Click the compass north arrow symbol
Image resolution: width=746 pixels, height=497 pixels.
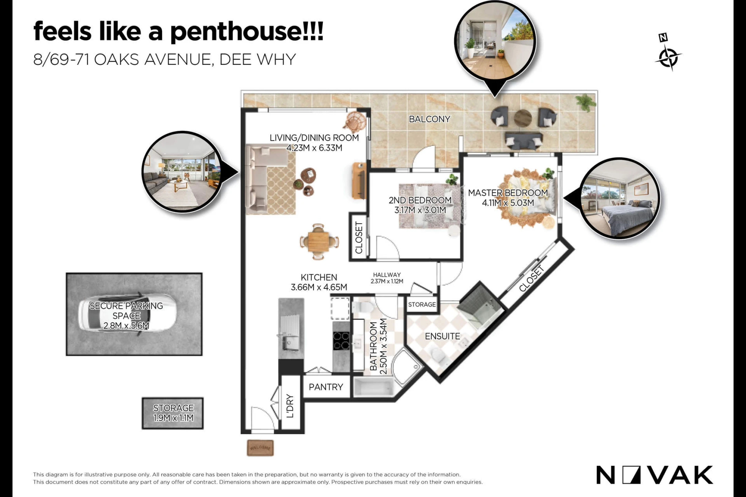668,53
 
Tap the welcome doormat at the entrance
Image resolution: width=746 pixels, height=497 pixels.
260,448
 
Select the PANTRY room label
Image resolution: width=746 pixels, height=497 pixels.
326,387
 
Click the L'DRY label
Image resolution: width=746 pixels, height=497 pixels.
290,406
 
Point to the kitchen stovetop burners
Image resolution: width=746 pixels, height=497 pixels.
341,341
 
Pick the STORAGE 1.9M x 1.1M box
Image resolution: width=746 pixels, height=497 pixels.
173,413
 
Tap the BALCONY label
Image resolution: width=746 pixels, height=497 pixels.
429,119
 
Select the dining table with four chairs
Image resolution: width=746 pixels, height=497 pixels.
318,242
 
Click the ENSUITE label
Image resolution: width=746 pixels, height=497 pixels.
442,336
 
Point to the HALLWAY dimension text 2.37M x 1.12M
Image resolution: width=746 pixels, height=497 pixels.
387,281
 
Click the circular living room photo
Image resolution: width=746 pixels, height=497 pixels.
183,172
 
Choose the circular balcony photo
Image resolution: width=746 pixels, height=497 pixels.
495,41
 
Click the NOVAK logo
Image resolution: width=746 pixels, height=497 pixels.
654,475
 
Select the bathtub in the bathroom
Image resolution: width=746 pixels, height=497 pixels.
374,387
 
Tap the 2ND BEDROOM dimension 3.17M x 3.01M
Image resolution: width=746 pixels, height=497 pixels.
420,210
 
